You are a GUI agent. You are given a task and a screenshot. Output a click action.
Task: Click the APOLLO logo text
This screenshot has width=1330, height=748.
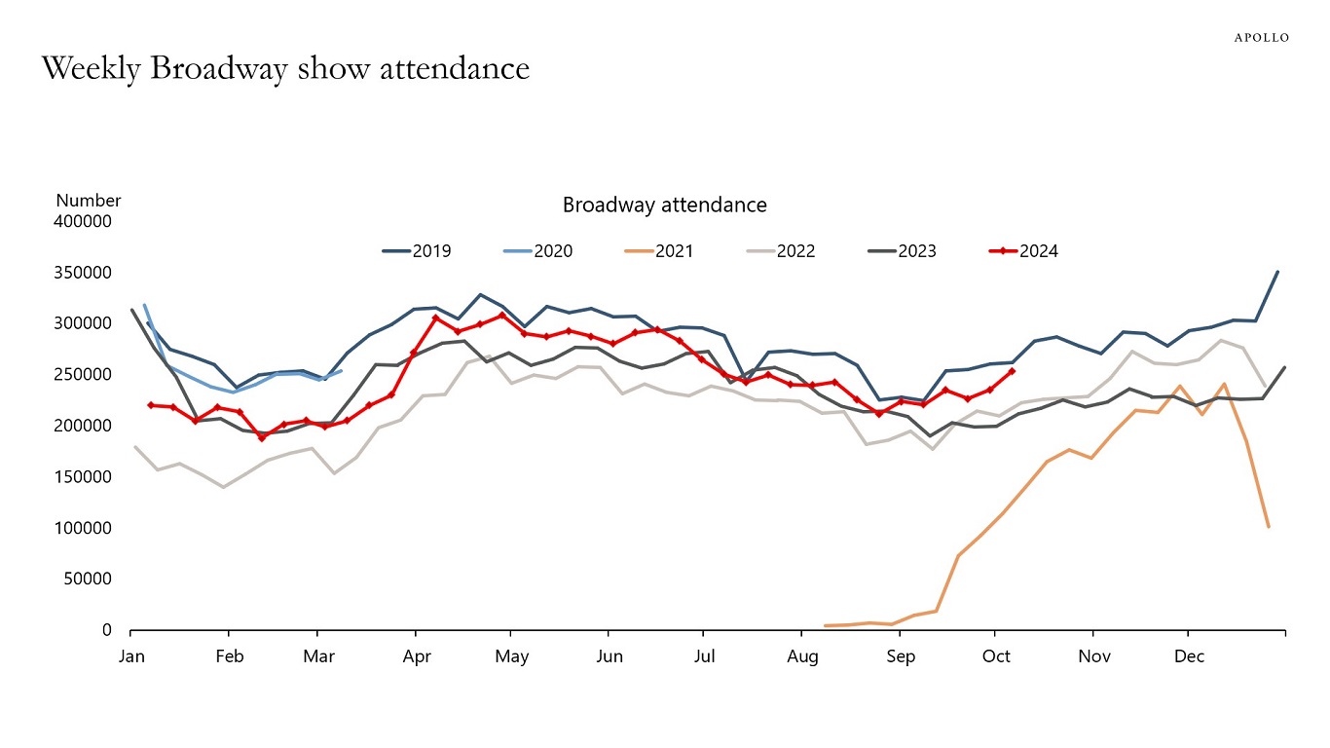[1262, 37]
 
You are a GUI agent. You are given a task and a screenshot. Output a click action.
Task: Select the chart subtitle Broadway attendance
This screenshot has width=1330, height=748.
[664, 205]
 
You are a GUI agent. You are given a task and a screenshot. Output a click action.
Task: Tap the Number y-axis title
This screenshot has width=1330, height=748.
[89, 200]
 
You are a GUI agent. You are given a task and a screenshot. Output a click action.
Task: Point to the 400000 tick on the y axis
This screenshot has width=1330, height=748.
[85, 221]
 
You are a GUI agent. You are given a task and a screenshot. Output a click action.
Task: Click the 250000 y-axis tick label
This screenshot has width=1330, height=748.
[85, 374]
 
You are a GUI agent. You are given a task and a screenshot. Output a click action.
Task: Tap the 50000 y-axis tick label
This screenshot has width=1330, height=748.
[90, 579]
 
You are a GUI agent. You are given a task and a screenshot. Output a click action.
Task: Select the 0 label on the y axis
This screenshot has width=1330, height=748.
[107, 630]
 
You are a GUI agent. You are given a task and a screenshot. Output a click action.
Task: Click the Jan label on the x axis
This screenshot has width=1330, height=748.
[131, 656]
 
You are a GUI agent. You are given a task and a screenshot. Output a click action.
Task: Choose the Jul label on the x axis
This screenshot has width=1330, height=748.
[704, 656]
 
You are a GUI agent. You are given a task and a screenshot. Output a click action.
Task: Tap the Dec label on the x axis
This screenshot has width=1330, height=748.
[1189, 656]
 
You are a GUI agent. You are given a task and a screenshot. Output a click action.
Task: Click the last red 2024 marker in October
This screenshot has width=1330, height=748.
[1013, 371]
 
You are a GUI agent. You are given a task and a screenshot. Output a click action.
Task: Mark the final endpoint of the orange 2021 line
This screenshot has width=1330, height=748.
[1269, 527]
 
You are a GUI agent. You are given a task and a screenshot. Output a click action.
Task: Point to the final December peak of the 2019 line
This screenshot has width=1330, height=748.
[1277, 272]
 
